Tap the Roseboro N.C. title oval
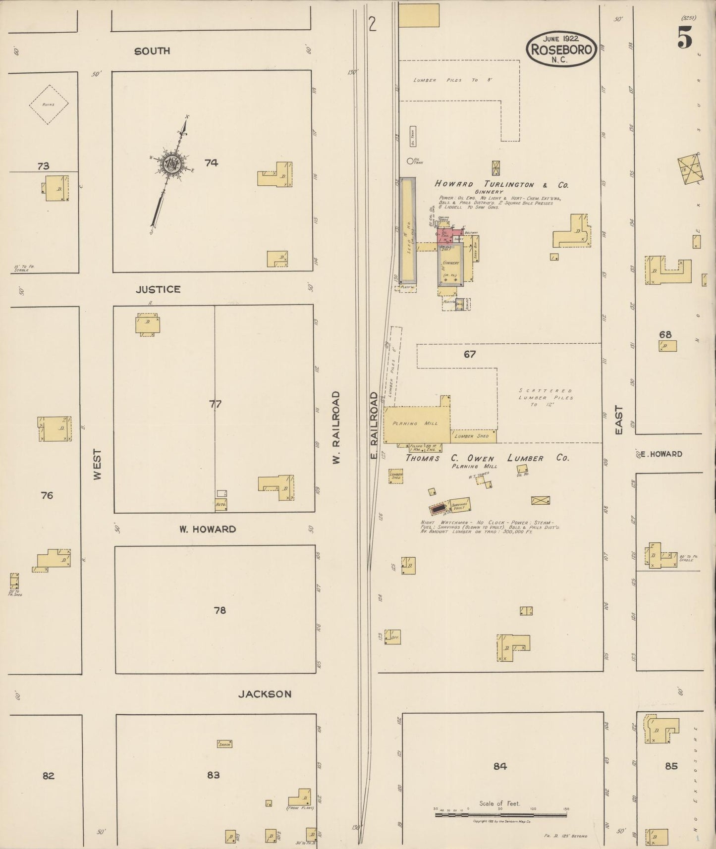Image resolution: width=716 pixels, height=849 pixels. click(x=561, y=49)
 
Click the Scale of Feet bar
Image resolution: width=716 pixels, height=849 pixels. click(x=500, y=814)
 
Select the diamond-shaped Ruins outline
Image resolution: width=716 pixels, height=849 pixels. click(x=48, y=104)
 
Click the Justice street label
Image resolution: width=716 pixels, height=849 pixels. click(x=158, y=289)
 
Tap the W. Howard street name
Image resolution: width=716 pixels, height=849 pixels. click(x=207, y=529)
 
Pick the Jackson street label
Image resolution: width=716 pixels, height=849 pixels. click(x=265, y=694)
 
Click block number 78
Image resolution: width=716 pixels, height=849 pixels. click(x=220, y=610)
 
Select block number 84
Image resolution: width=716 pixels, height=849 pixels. click(x=500, y=766)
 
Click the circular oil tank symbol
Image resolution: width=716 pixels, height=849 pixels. click(x=410, y=160)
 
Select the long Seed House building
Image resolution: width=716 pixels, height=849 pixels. click(x=407, y=235)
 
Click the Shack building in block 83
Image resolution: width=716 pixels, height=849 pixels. click(x=224, y=743)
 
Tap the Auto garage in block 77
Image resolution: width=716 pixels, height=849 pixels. click(x=221, y=504)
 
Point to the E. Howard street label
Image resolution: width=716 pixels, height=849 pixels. click(x=661, y=454)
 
